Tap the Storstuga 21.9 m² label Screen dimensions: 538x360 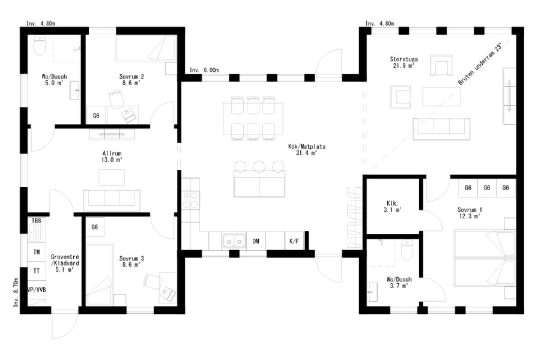pos(404,62)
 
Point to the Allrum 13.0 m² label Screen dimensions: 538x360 pos(112,157)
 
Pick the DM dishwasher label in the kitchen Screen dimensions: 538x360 pos(256,241)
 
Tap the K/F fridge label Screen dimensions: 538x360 pos(294,241)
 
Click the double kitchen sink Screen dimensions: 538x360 pos(234,241)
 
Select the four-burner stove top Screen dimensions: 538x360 pos(191,200)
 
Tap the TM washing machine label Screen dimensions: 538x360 pos(37,252)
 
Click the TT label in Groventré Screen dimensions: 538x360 pos(37,271)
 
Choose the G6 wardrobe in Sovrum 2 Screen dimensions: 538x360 pos(96,116)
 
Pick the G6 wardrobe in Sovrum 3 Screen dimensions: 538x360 pos(95,227)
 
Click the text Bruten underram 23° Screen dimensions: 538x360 pos(480,64)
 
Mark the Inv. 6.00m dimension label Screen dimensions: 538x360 pos(204,70)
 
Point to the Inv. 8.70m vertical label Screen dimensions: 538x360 pos(16,292)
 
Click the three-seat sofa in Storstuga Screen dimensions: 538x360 pos(441,129)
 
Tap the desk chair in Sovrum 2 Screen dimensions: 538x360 pos(116,99)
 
